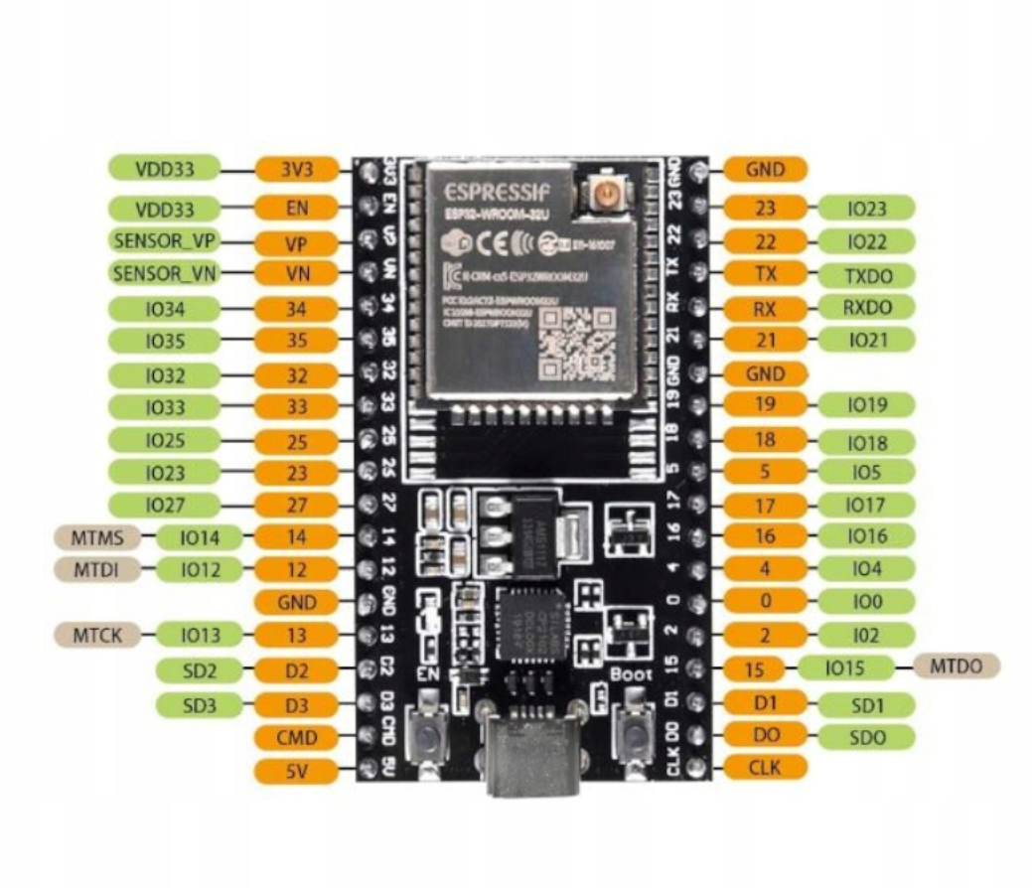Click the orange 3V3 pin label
click(296, 169)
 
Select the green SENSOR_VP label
click(165, 241)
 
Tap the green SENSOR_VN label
click(165, 273)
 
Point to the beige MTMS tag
click(98, 538)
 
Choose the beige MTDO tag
click(957, 666)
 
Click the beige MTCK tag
click(97, 635)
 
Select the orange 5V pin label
click(296, 770)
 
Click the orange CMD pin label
click(296, 737)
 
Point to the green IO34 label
click(165, 310)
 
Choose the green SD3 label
click(199, 705)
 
